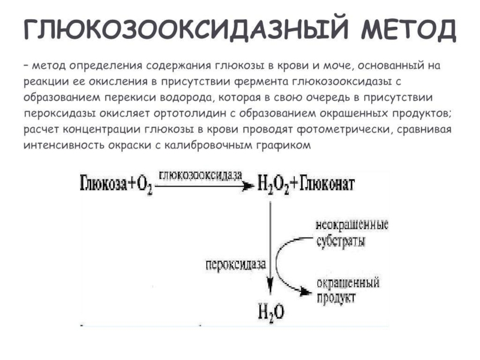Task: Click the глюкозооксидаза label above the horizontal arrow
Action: [x=201, y=175]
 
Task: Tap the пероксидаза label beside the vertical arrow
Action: [x=233, y=263]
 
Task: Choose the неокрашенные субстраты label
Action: [x=352, y=234]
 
